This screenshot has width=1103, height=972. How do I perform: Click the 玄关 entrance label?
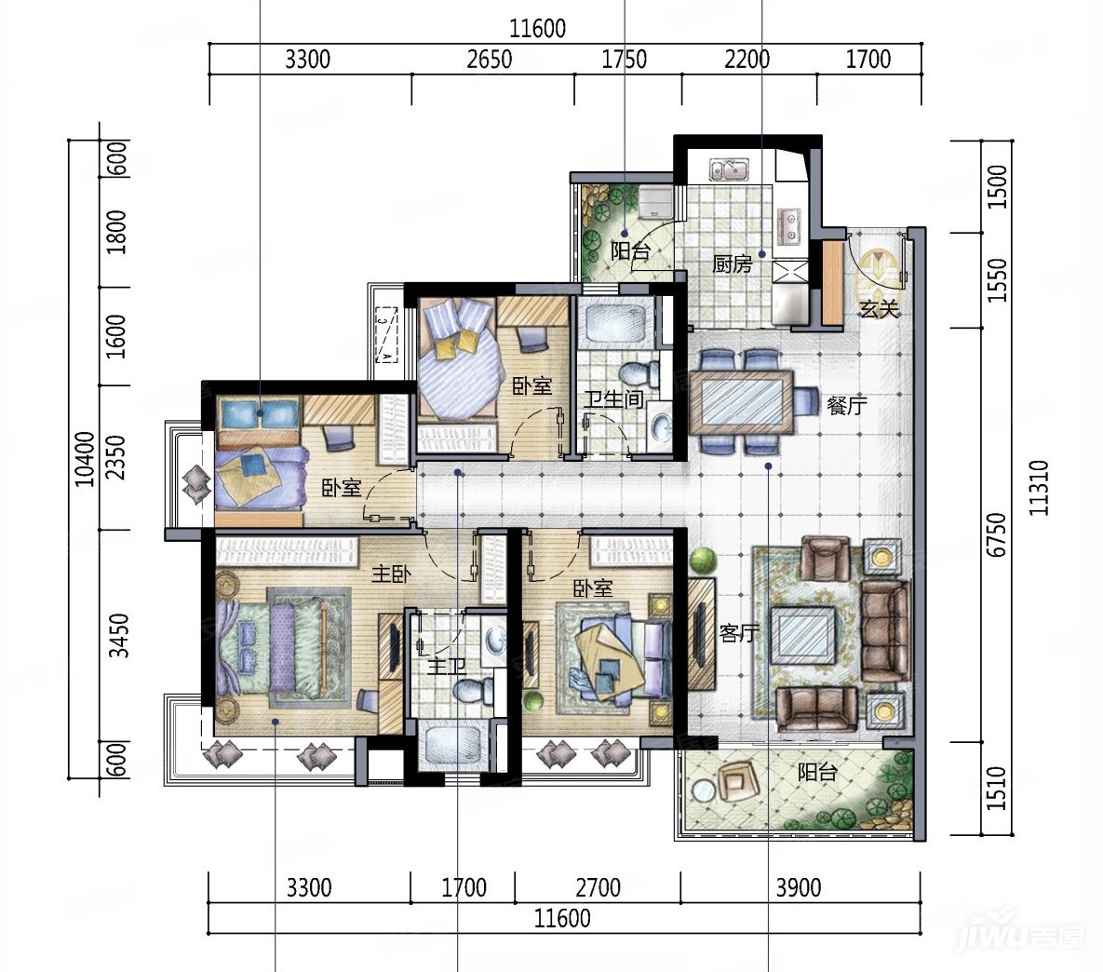(880, 308)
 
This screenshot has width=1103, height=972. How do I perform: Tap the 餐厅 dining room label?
(847, 405)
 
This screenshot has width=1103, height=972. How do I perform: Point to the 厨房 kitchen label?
(733, 263)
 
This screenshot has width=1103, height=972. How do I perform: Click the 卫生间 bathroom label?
(614, 399)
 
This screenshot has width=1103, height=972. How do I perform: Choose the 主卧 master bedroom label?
(391, 574)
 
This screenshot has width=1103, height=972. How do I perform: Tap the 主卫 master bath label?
(448, 665)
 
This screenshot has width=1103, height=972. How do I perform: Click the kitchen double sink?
(729, 169)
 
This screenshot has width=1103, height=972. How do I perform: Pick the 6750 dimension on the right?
(997, 535)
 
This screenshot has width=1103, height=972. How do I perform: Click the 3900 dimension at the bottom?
(799, 887)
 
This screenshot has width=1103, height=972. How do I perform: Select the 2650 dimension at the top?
(490, 60)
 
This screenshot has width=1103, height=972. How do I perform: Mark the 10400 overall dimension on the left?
(85, 459)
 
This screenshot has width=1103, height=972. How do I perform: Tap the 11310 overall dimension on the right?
(1039, 488)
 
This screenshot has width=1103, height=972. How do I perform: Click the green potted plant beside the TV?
(703, 561)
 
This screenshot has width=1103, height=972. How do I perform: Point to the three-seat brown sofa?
(885, 631)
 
